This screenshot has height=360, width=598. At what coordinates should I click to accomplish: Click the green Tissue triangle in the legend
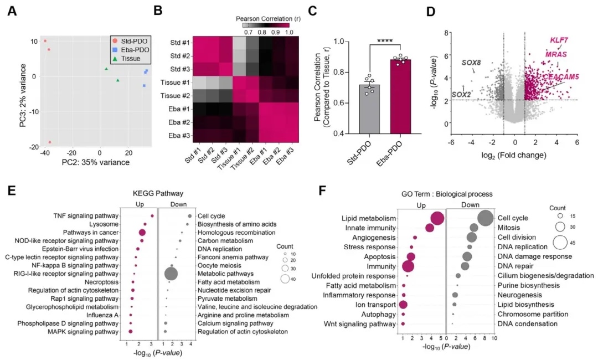tap(115, 58)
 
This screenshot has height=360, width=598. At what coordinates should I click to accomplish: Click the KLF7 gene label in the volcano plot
tap(559, 40)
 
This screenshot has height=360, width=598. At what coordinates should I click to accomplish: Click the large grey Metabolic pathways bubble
tap(171, 274)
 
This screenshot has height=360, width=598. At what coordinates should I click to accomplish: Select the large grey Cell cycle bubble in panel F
tap(485, 218)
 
